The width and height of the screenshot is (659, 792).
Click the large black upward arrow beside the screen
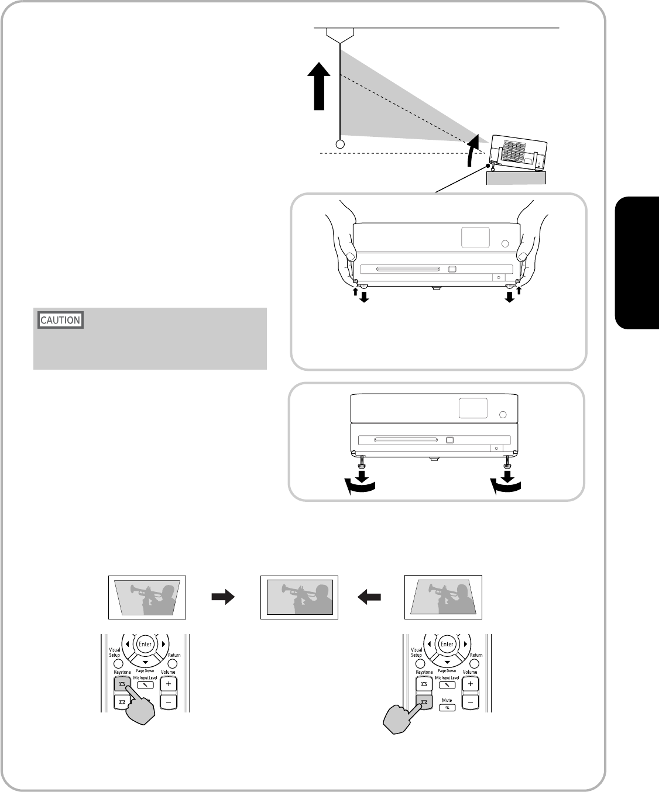click(x=319, y=87)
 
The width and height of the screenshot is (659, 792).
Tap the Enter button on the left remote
click(x=145, y=644)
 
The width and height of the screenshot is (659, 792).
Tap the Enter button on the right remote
click(x=447, y=644)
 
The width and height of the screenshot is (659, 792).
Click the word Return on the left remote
click(x=174, y=655)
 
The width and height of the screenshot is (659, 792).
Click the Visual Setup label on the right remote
click(x=416, y=652)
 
